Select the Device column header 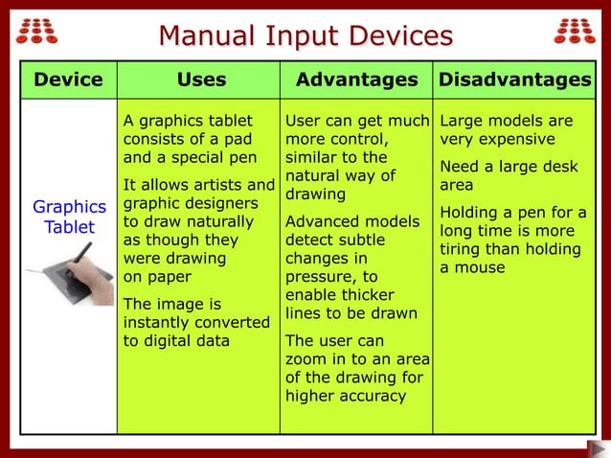pyautogui.click(x=68, y=80)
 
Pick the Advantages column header pyautogui.click(x=356, y=80)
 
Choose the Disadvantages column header pyautogui.click(x=514, y=80)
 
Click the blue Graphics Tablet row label pyautogui.click(x=69, y=217)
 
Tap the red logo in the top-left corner pyautogui.click(x=37, y=30)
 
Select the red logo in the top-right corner pyautogui.click(x=574, y=30)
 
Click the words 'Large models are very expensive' pyautogui.click(x=506, y=130)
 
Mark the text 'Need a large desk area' pyautogui.click(x=508, y=176)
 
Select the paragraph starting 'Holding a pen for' pyautogui.click(x=511, y=240)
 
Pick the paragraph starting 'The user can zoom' pyautogui.click(x=356, y=368)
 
